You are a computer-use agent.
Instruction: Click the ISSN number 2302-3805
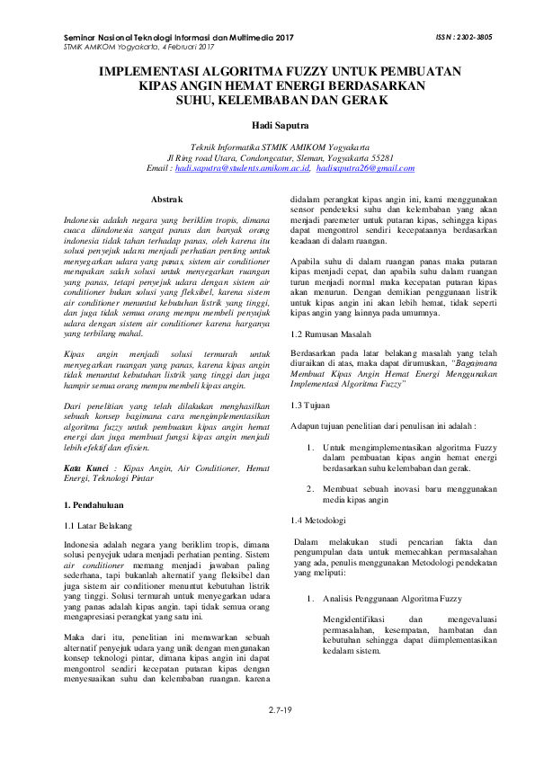(x=468, y=39)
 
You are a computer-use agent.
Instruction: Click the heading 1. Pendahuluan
(x=102, y=505)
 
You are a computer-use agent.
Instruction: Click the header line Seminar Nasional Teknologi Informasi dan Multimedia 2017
(x=179, y=38)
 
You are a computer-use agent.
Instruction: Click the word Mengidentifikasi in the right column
(x=357, y=619)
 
